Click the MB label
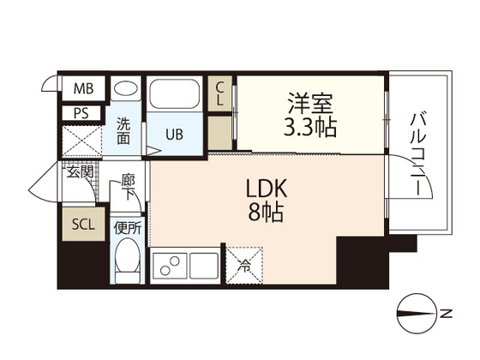82,89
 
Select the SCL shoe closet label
83,225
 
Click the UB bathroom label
174,135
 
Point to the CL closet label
220,93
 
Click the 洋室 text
310,105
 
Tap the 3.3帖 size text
310,129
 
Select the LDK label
265,188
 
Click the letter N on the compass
446,314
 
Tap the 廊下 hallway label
128,187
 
